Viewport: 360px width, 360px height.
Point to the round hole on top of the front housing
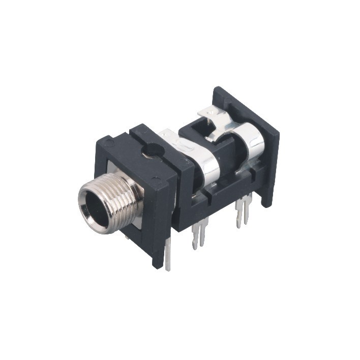click(x=152, y=151)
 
